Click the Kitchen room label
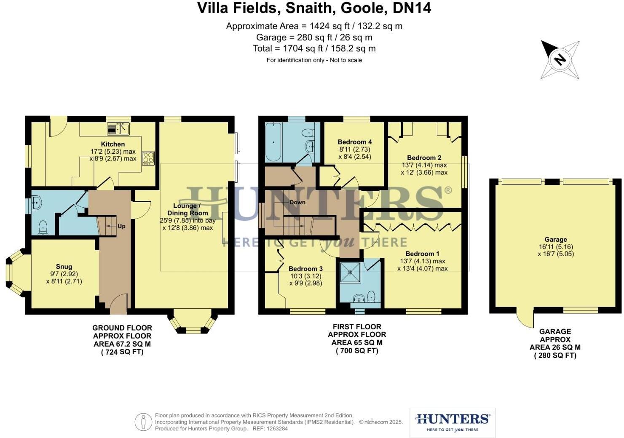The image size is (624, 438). (113, 144)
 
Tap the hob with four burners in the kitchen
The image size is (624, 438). (148, 158)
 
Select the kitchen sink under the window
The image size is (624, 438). (118, 129)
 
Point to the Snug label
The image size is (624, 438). (64, 267)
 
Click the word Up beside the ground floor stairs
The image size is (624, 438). (121, 226)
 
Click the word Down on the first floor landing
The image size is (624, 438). (297, 202)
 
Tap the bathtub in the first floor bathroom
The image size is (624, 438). (273, 142)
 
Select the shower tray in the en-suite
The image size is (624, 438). (351, 272)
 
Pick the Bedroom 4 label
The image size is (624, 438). (355, 142)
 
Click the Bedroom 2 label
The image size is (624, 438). (424, 158)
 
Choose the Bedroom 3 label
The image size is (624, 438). (305, 269)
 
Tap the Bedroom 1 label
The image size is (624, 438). (422, 254)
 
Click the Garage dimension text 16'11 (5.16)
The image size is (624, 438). (556, 247)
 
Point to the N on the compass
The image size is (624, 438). (560, 59)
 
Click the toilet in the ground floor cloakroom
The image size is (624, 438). (43, 228)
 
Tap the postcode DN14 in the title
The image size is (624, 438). (412, 8)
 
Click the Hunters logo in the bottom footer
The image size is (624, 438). (453, 422)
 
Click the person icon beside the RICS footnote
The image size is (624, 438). (143, 422)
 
